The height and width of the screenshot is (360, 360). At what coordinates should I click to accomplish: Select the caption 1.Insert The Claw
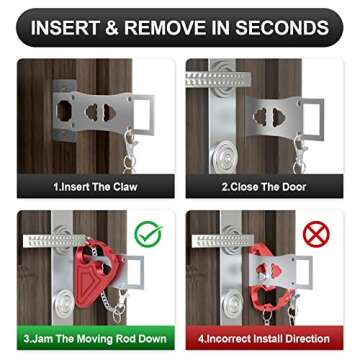[97, 186]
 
